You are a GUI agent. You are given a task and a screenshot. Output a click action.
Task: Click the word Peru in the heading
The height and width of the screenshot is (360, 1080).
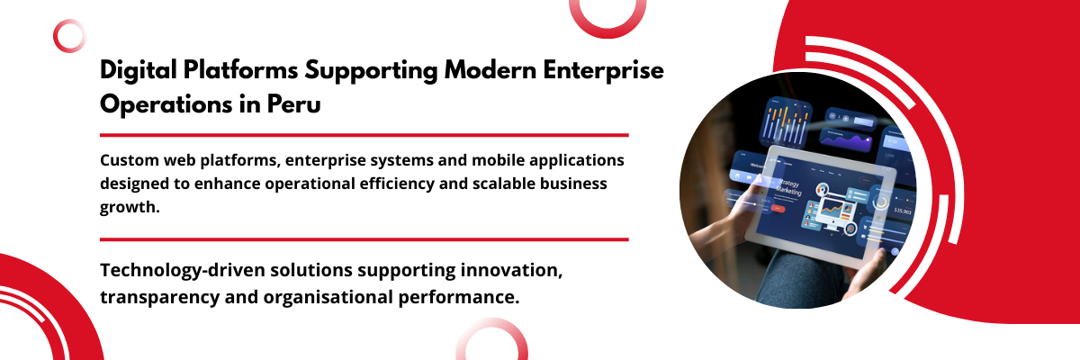(x=293, y=103)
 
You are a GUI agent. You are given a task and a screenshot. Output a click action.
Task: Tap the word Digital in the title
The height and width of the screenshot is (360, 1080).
(x=139, y=71)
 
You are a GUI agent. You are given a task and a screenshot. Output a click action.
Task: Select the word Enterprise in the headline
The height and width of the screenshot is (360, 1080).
(x=604, y=71)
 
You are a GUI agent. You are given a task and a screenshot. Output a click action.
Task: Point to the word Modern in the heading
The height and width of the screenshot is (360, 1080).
(x=490, y=70)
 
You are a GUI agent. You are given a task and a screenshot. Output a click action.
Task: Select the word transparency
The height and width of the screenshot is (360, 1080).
(x=160, y=297)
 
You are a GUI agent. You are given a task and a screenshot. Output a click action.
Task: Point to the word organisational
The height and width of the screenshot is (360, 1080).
(x=328, y=297)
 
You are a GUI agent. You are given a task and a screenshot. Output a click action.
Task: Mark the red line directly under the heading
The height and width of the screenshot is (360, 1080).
(x=364, y=135)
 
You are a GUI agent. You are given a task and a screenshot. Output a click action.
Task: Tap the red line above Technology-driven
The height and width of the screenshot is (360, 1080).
(x=364, y=239)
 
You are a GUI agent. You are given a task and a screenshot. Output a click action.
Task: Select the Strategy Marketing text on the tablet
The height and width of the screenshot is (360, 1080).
(x=788, y=188)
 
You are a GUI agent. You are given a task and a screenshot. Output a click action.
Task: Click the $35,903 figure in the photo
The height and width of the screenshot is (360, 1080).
(x=903, y=211)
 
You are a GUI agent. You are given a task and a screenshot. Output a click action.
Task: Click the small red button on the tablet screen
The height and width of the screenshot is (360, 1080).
(x=778, y=208)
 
